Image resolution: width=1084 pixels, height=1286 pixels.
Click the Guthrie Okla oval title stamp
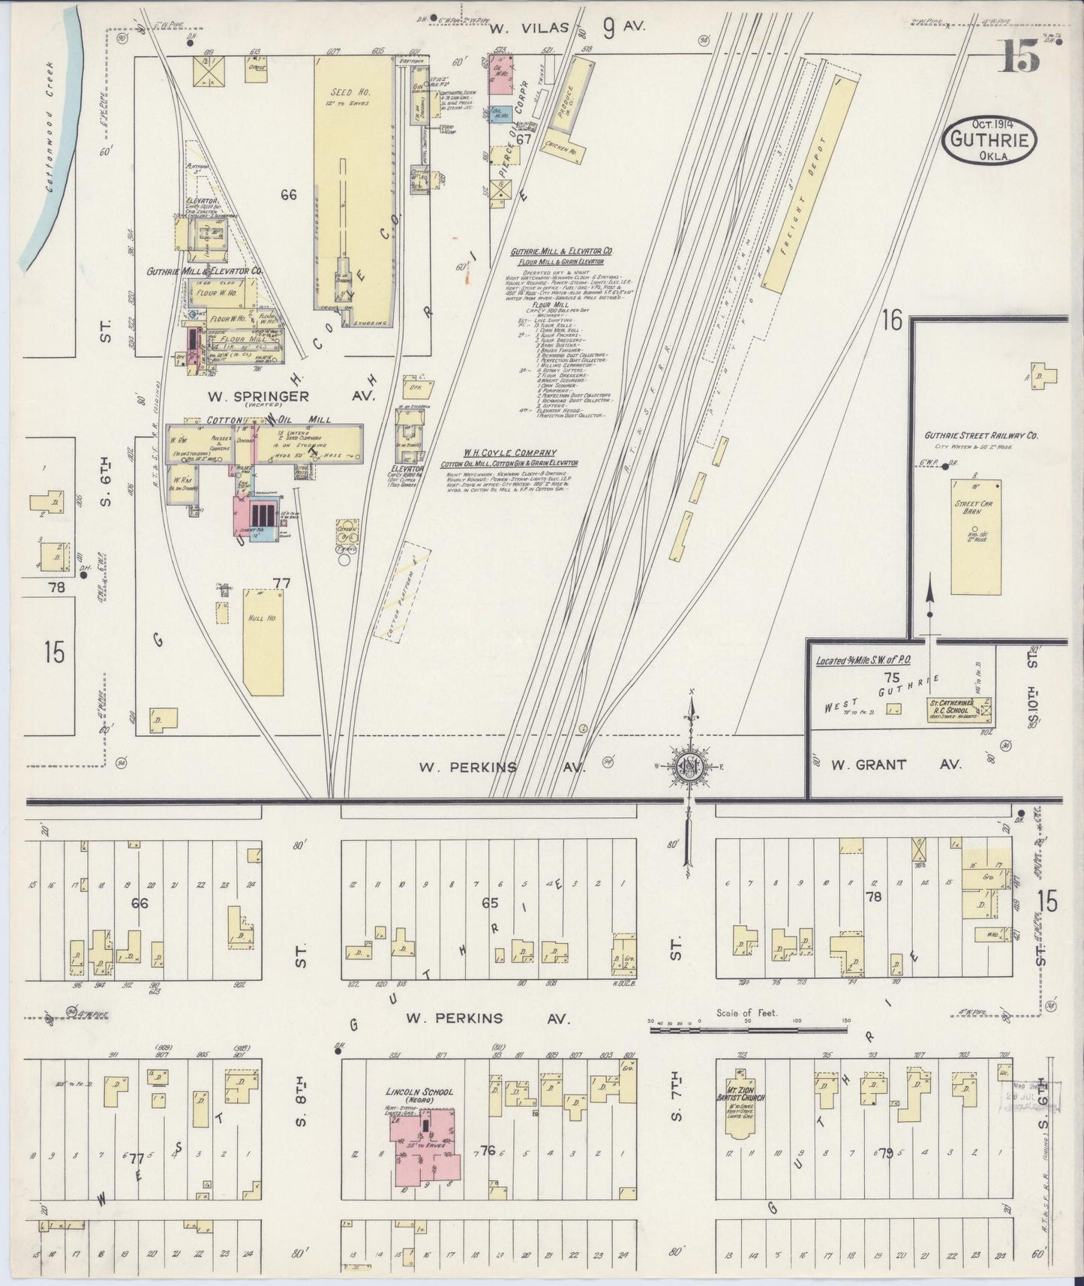(x=991, y=140)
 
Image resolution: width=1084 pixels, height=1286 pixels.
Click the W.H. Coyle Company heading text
(x=509, y=453)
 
